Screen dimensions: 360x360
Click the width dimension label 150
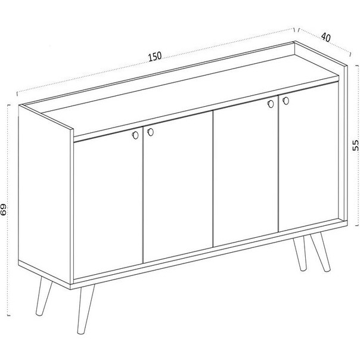tap(155, 57)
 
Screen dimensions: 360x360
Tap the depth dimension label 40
tap(326, 37)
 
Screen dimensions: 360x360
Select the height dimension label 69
tap(4, 210)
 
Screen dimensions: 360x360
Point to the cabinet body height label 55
tap(355, 145)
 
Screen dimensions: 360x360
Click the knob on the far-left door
tap(135, 135)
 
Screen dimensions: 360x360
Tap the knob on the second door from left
tap(150, 132)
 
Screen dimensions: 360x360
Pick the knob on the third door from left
tap(271, 104)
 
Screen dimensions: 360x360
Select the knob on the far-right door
tap(285, 101)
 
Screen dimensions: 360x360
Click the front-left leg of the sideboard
tap(85, 309)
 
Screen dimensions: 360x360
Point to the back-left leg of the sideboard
tap(44, 296)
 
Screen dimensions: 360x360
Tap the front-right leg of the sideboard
tap(321, 252)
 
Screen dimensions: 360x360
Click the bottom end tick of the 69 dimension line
tap(9, 315)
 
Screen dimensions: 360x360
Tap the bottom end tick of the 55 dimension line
tap(357, 226)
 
